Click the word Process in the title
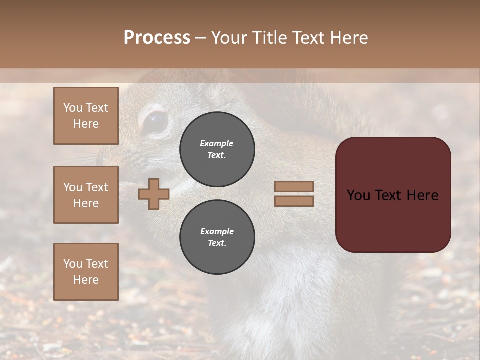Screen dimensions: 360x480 157,38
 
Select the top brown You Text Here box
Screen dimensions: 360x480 86,116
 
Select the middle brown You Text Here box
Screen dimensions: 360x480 86,195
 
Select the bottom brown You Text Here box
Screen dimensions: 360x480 86,272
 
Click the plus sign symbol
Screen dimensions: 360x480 154,194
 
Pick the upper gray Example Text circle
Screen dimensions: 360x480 217,149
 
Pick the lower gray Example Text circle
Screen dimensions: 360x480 217,237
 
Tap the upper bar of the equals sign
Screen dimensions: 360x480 294,186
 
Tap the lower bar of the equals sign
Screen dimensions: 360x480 294,201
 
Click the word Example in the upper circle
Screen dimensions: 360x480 217,143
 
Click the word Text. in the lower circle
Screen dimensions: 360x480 217,243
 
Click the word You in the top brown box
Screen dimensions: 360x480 72,108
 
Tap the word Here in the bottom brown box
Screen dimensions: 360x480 86,280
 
